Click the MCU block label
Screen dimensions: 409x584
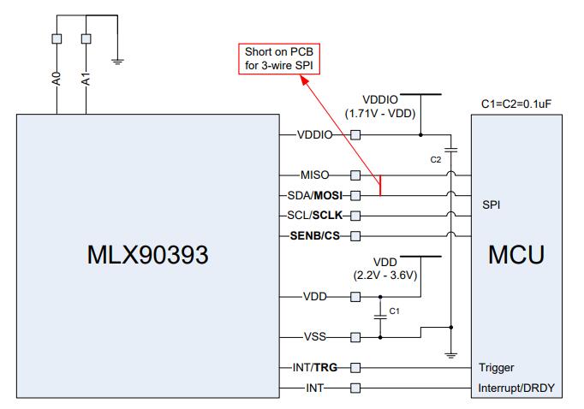tap(517, 255)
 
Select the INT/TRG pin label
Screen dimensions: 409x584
tap(316, 368)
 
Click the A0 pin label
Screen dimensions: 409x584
tap(57, 79)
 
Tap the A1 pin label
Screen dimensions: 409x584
tap(86, 79)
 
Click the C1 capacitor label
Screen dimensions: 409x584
tap(395, 311)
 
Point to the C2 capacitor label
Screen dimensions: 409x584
tap(437, 158)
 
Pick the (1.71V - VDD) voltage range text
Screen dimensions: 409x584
tap(379, 112)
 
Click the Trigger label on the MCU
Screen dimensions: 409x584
tap(498, 368)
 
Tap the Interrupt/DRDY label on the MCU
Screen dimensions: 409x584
tap(517, 388)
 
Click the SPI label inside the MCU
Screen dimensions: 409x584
tap(492, 205)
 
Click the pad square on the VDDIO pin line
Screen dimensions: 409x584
tap(355, 134)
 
